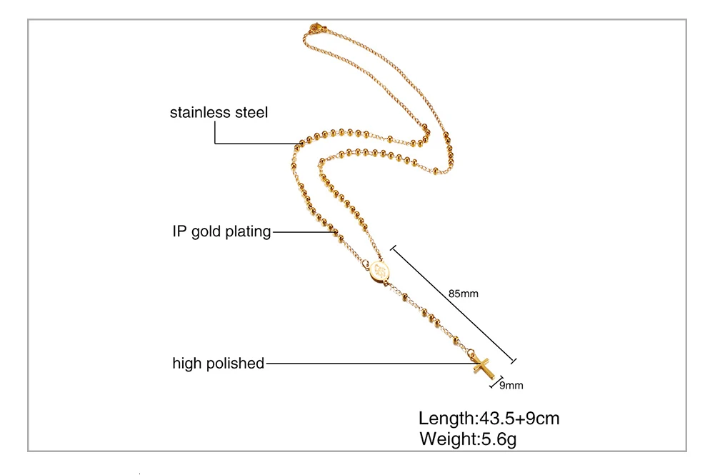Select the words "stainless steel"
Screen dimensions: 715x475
(x=219, y=113)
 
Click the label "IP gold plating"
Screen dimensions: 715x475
(x=221, y=231)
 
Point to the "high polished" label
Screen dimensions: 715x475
(x=218, y=363)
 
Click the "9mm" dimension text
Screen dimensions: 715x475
(x=511, y=386)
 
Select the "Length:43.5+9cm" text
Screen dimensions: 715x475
(x=489, y=418)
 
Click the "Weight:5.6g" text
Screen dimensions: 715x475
(x=467, y=439)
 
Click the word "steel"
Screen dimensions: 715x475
(x=251, y=113)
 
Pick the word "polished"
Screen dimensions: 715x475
(x=236, y=363)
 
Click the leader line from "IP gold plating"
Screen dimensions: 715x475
(x=300, y=231)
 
